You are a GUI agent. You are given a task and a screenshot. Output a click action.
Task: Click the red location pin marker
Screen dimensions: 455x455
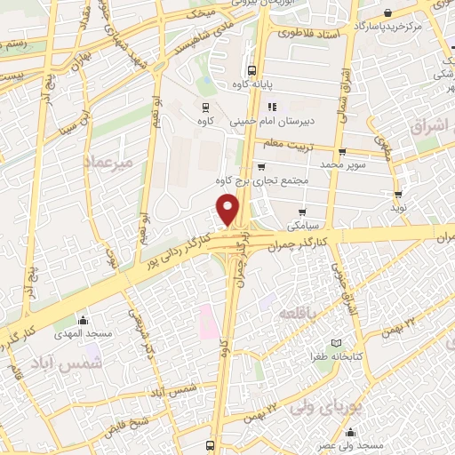tap(228, 210)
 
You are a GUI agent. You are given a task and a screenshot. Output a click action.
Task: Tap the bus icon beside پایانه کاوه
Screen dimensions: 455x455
tap(252, 70)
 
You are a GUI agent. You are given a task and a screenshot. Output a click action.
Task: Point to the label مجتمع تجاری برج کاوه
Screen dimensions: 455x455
tap(266, 180)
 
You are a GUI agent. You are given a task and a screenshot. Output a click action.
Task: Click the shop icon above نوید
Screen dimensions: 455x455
tap(398, 194)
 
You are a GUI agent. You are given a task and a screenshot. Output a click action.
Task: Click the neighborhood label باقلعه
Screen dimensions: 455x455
tap(297, 315)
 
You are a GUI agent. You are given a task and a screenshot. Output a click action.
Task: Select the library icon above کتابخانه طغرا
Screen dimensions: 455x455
tap(335, 343)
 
